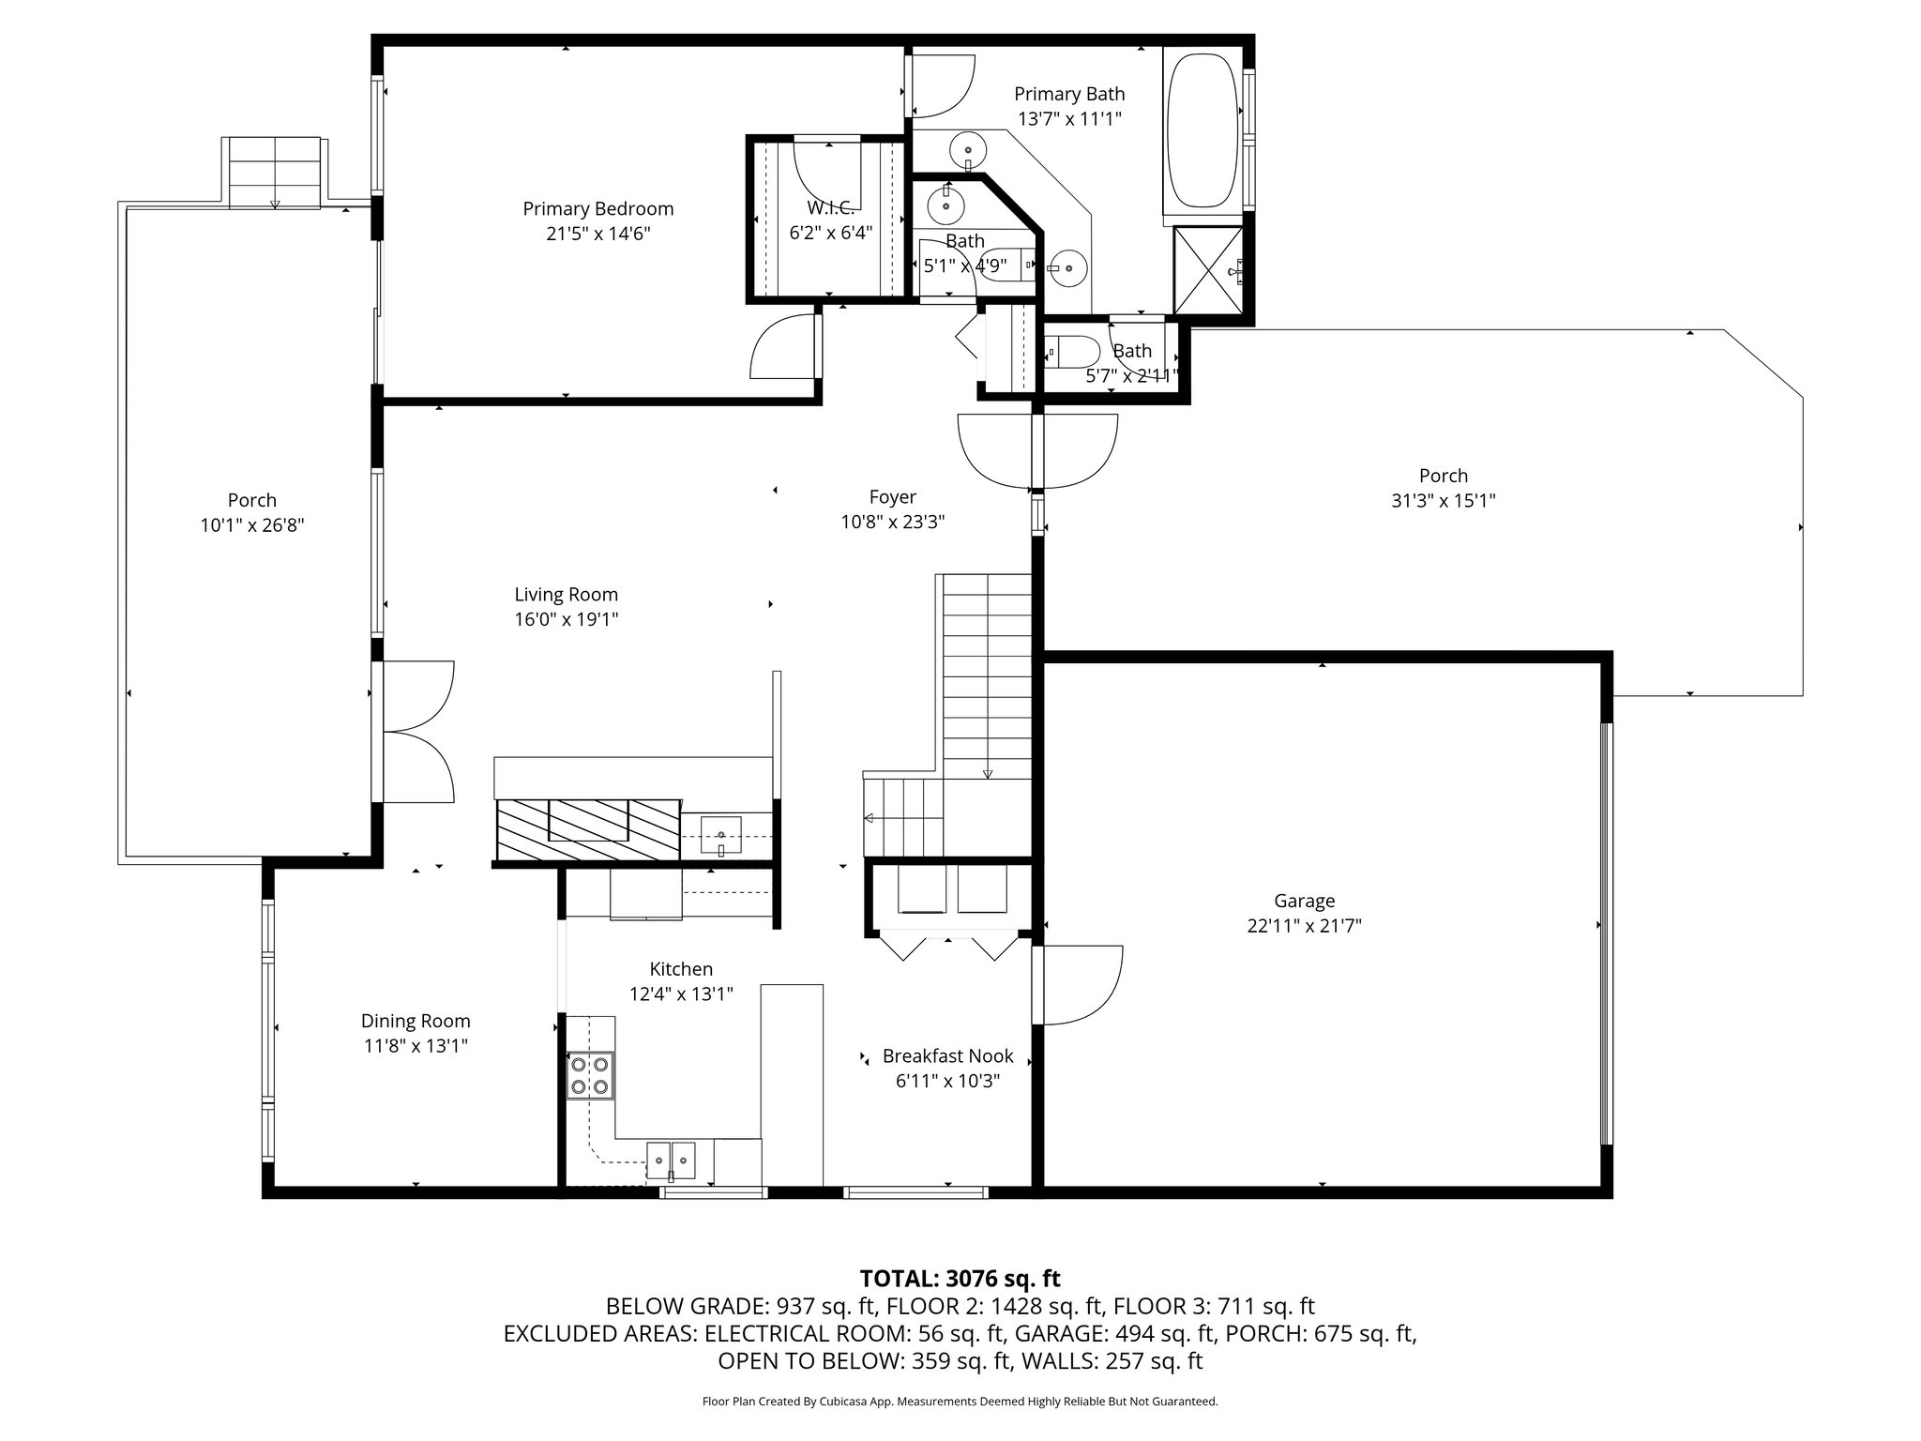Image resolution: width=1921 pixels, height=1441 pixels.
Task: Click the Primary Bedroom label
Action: pos(597,209)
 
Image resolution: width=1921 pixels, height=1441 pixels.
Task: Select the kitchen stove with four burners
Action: pos(590,1076)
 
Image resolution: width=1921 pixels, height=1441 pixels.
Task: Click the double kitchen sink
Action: pos(672,1160)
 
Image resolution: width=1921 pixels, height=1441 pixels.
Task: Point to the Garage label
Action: pos(1304,902)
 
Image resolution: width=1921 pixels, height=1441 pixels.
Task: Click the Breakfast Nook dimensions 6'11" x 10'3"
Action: pos(947,1081)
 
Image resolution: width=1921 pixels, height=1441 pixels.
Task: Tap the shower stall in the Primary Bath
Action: pos(1209,268)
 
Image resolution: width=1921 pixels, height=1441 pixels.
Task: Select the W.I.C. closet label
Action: pos(831,208)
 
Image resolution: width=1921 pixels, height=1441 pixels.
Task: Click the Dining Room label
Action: pos(416,1021)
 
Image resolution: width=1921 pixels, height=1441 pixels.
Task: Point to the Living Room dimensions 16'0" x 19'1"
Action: pos(566,619)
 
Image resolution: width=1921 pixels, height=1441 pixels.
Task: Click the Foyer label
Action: pos(892,497)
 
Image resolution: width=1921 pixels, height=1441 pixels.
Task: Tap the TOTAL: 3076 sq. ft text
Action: pos(960,1278)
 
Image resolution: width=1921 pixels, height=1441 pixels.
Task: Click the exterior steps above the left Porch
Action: pos(275,172)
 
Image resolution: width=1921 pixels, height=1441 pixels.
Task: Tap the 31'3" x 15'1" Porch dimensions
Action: pos(1443,501)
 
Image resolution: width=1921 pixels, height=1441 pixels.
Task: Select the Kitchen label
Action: pos(681,969)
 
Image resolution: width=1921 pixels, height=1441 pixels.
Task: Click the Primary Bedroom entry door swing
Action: pos(783,346)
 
